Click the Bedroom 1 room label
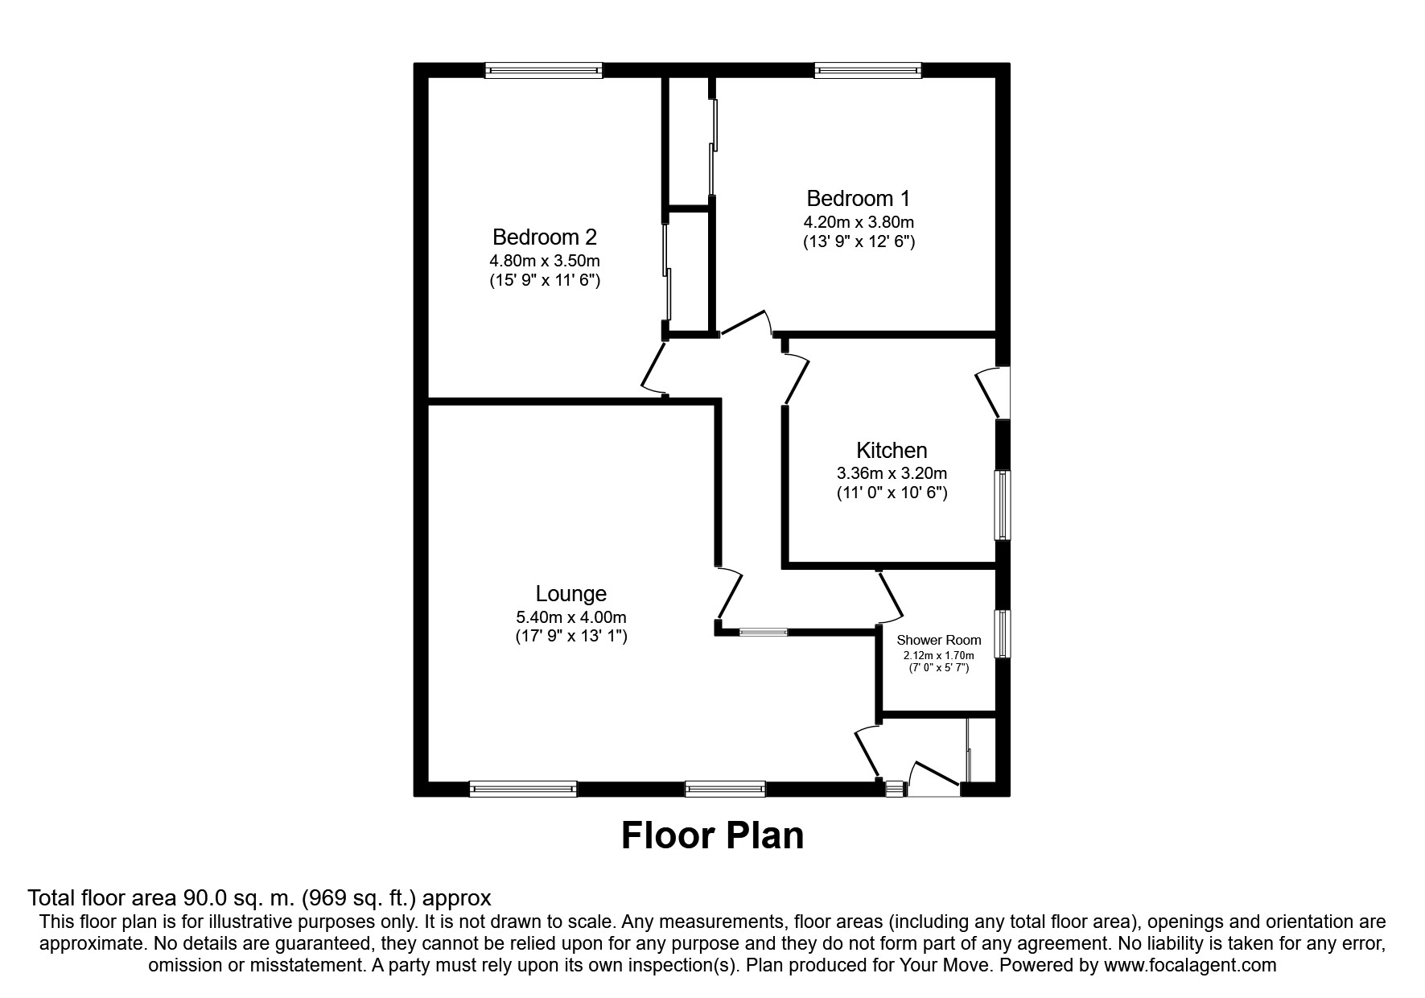point(859,198)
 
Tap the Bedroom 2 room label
point(545,237)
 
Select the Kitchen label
point(892,450)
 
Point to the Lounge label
point(571,594)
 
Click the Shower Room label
point(939,641)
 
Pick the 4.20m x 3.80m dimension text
point(859,222)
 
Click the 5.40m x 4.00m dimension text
point(571,617)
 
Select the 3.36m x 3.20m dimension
point(892,473)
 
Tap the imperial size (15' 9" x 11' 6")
point(545,280)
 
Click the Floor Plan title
point(712,835)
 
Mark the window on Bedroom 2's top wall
point(543,71)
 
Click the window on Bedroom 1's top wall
point(867,71)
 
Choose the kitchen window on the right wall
point(1003,505)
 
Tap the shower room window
point(1003,634)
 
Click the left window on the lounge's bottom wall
point(523,789)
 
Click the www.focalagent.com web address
point(1190,965)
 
